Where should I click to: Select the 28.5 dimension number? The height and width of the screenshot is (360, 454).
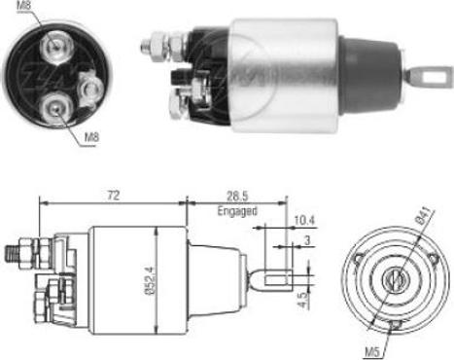(234, 197)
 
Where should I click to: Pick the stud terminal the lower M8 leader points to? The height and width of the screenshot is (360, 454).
(51, 107)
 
